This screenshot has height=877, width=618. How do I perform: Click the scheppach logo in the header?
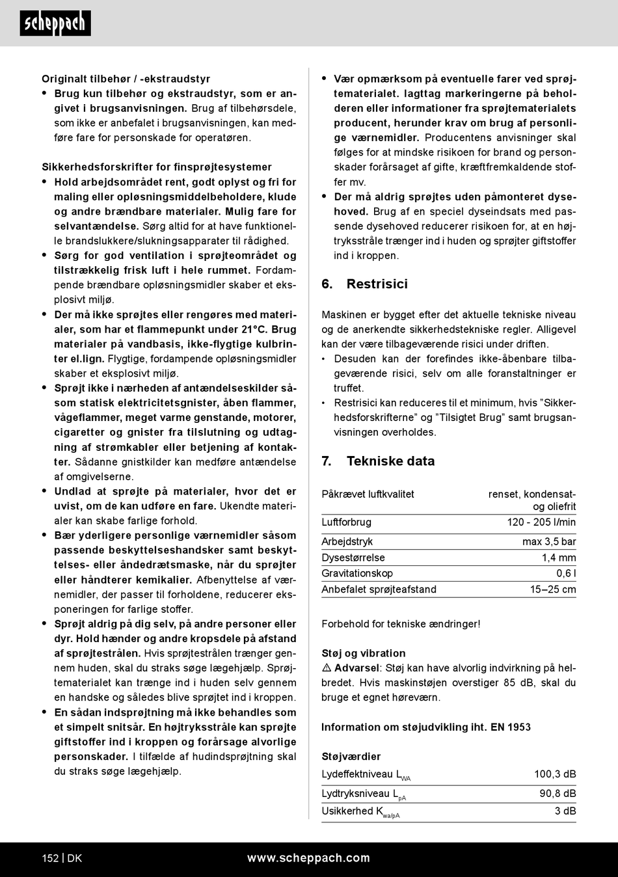55,24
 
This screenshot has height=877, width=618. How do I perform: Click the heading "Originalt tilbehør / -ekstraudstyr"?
126,79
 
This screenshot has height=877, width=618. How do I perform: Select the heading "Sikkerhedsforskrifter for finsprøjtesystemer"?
157,167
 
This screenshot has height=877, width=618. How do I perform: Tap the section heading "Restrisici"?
377,284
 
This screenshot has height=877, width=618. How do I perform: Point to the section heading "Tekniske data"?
390,461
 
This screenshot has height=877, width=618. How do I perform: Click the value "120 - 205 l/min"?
541,522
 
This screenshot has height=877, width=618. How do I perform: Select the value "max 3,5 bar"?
549,541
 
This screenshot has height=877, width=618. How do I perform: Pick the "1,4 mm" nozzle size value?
559,558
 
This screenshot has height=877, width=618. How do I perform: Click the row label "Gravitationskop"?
357,573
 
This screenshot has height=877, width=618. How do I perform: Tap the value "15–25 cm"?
553,589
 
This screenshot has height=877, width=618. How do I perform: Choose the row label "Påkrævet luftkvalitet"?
368,494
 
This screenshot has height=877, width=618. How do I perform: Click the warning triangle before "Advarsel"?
327,668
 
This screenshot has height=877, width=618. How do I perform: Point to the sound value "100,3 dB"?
555,774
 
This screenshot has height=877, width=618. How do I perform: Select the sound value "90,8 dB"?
558,794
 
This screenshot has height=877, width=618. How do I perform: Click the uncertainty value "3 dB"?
565,811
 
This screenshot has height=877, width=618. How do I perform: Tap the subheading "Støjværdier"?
351,757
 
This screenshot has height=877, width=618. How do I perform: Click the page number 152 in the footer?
50,858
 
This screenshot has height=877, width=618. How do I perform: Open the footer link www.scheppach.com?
308,858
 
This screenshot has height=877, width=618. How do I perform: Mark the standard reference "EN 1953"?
511,727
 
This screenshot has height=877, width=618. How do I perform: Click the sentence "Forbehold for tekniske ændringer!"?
401,624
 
